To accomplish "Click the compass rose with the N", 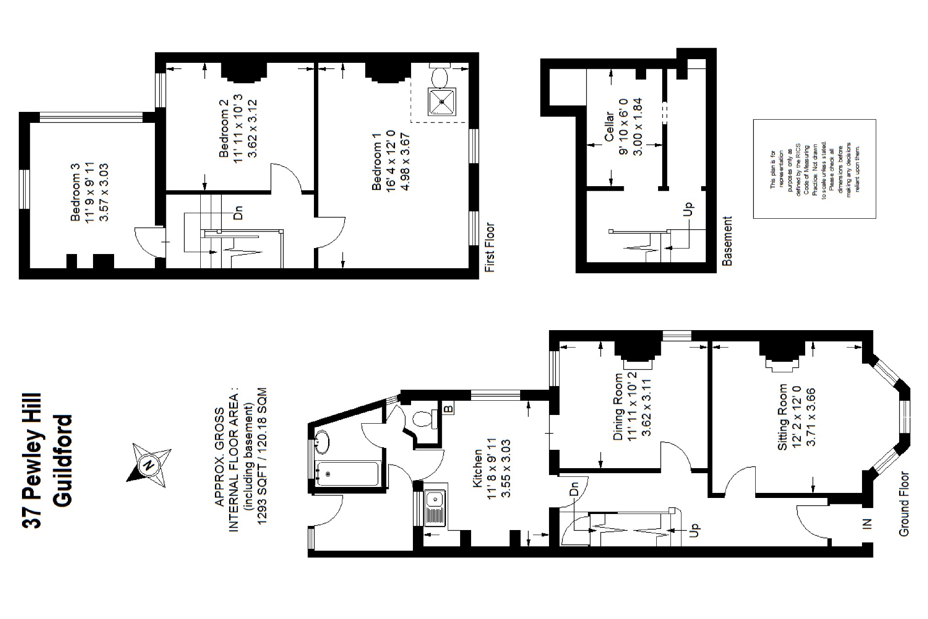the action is (148, 465).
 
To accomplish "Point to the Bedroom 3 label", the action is (76, 193).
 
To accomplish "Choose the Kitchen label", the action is (478, 468).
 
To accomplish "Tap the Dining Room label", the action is (619, 407).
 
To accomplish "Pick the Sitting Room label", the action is (783, 417).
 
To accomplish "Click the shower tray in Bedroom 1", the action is (442, 101).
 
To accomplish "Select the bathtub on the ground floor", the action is (347, 474).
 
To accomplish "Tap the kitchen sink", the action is (433, 508).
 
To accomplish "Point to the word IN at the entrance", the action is (867, 524).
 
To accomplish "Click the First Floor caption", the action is (490, 248).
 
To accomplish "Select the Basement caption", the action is (727, 241).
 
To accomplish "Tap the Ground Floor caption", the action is (903, 504).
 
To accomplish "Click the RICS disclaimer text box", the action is (814, 169).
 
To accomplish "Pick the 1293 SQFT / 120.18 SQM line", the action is (262, 457).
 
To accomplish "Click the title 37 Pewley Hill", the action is (32, 460).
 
